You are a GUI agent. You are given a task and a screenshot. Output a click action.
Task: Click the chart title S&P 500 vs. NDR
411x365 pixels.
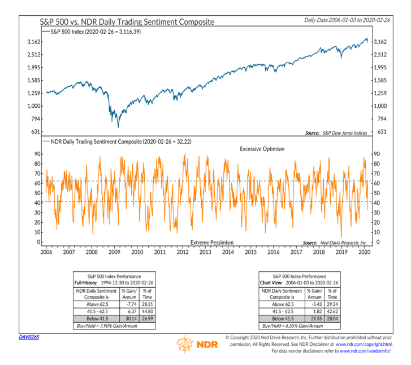pos(127,22)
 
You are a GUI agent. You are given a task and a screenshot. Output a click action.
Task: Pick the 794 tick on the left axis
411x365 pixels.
pos(34,118)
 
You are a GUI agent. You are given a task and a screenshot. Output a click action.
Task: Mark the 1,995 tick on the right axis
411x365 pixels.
pos(379,67)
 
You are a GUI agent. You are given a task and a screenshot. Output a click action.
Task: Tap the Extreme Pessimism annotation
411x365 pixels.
pos(211,243)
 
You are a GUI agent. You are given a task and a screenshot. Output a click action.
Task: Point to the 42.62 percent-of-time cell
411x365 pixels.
pos(332,310)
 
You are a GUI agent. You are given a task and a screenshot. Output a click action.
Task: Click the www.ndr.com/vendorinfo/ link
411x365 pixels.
pos(370,351)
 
